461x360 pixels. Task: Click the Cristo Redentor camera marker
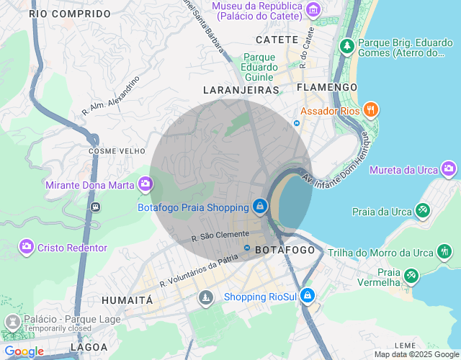[x=27, y=247]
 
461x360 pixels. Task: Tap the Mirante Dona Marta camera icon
[x=146, y=184]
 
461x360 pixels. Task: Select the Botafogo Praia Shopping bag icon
[x=259, y=207]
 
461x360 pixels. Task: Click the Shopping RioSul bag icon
[x=308, y=296]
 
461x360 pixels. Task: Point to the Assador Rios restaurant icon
[x=371, y=110]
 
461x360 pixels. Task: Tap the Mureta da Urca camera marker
[x=449, y=169]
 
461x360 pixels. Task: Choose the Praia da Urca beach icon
[x=422, y=211]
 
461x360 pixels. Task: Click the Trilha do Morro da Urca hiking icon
[x=445, y=252]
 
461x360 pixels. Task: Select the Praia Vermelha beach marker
[x=411, y=275]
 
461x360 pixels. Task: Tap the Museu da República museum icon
[x=313, y=9]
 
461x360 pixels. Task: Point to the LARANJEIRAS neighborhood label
[x=241, y=90]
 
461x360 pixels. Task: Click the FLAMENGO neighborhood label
[x=327, y=87]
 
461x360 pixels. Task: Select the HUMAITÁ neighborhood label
[x=127, y=300]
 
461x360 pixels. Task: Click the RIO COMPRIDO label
[x=71, y=14]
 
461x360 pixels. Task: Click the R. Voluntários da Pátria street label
[x=200, y=273]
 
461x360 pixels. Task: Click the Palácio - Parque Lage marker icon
[x=12, y=320]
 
